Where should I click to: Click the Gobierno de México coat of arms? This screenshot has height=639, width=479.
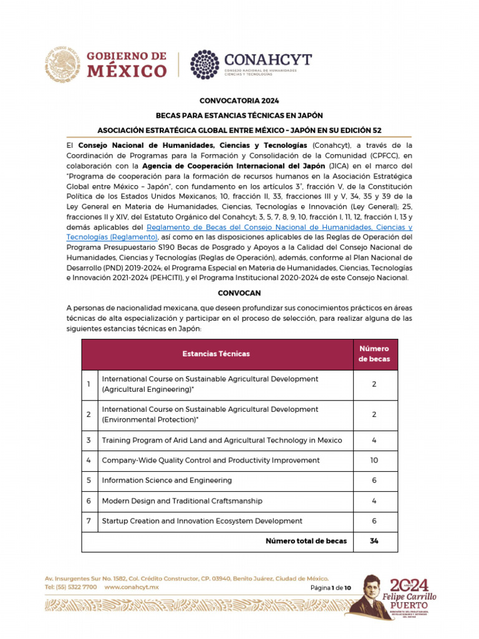(x=63, y=64)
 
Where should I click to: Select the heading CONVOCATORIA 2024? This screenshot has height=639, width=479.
(x=239, y=100)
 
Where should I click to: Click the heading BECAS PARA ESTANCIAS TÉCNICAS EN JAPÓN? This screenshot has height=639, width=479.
(x=239, y=115)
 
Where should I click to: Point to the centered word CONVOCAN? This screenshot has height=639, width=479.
(x=239, y=293)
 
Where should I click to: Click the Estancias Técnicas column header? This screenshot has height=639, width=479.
(x=216, y=354)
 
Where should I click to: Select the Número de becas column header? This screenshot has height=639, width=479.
(x=374, y=354)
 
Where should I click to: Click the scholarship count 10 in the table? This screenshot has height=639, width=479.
(x=374, y=461)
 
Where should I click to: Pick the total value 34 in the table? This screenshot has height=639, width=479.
(x=374, y=541)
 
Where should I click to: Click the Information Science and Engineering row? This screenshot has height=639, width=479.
(x=167, y=480)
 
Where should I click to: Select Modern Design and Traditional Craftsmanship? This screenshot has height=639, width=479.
(x=181, y=501)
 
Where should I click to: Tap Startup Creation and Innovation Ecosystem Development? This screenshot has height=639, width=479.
(x=202, y=521)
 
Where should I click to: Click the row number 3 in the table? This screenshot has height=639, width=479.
(x=89, y=441)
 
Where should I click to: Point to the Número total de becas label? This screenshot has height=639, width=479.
(x=306, y=541)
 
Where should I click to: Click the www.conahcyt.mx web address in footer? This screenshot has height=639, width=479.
(x=132, y=588)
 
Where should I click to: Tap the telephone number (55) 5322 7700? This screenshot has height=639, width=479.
(x=70, y=588)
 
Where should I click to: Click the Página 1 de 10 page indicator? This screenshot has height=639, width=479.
(x=331, y=588)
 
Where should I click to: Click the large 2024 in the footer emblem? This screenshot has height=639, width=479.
(x=409, y=585)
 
